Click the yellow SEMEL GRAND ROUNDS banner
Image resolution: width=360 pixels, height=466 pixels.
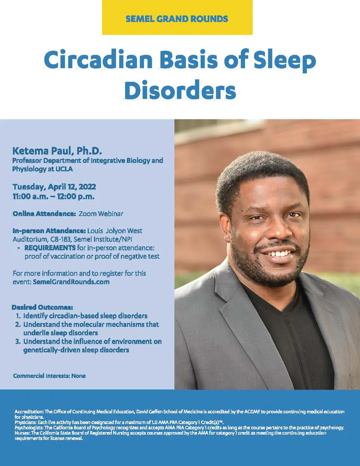click(x=177, y=17)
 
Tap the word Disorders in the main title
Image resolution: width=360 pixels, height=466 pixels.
click(x=180, y=90)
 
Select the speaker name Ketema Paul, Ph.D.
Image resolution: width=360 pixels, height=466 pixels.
click(x=57, y=151)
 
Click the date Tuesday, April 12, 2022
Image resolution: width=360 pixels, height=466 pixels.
click(x=54, y=187)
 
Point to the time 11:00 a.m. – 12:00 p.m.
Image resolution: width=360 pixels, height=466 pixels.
click(x=54, y=196)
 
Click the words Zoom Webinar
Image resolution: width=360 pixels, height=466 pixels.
click(x=101, y=214)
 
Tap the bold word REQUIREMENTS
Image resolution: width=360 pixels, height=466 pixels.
click(x=50, y=248)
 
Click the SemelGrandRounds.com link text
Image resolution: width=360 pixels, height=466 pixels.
click(x=71, y=282)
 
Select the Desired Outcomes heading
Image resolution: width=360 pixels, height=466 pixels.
click(x=42, y=307)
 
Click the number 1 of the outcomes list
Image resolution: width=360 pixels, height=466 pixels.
click(x=18, y=316)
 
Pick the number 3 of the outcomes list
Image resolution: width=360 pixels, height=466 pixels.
click(x=18, y=341)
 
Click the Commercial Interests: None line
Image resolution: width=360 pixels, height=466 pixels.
click(x=49, y=376)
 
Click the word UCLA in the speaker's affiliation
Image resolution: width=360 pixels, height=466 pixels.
click(x=64, y=169)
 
